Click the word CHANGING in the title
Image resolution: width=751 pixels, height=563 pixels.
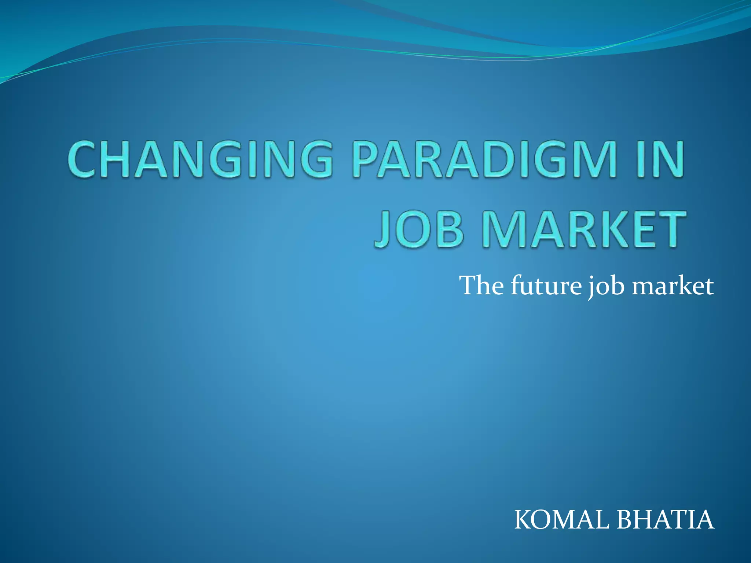pyautogui.click(x=200, y=160)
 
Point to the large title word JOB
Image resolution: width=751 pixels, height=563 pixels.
pyautogui.click(x=419, y=229)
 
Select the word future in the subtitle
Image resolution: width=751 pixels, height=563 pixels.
pyautogui.click(x=546, y=286)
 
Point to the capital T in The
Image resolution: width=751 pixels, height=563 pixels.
pyautogui.click(x=469, y=286)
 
